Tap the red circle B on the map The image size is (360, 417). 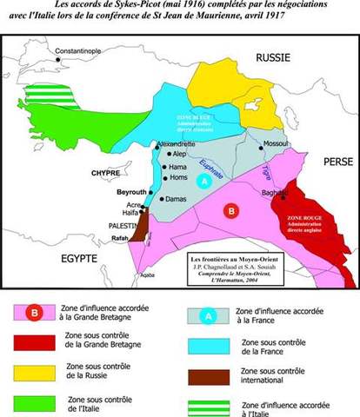pyautogui.click(x=230, y=209)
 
